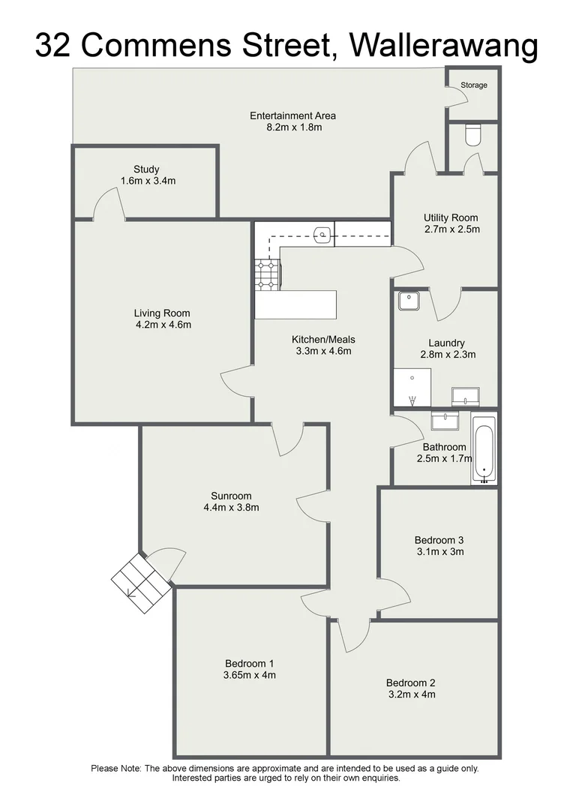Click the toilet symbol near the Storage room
click(x=473, y=135)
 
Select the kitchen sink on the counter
click(x=322, y=235)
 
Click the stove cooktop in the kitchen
click(x=266, y=274)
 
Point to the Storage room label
click(x=473, y=85)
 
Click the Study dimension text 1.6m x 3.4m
click(x=148, y=181)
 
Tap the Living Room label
click(x=162, y=313)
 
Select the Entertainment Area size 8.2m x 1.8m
click(x=292, y=127)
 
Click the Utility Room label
click(x=451, y=218)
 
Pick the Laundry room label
click(x=446, y=343)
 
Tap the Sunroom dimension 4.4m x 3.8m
click(x=231, y=508)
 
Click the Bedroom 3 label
click(x=439, y=540)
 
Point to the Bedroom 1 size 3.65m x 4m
click(x=250, y=675)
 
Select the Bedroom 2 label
click(x=411, y=682)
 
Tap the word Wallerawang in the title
click(x=444, y=46)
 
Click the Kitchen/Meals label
click(x=323, y=340)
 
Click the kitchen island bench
click(x=295, y=304)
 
